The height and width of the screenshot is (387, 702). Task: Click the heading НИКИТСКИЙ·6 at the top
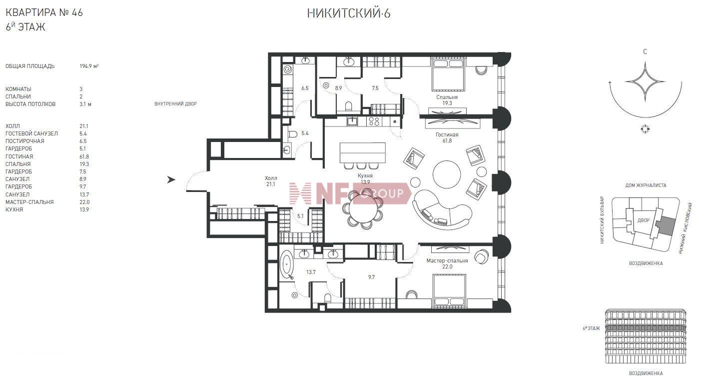pos(348,13)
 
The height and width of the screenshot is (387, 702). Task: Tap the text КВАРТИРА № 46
pos(44,12)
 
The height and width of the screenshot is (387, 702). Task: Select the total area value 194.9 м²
pos(89,66)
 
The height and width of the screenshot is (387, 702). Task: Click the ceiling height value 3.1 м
pos(85,104)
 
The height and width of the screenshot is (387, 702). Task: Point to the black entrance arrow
pos(171,179)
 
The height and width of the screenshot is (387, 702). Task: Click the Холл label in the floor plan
pos(271,178)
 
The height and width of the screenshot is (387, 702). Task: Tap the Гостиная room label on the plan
pos(447,135)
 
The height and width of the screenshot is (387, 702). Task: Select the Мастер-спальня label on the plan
pos(447,260)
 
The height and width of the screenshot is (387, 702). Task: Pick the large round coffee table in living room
pos(447,174)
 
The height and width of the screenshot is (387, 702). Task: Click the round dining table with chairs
pos(363,208)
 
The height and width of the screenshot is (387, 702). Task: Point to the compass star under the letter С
pos(645,81)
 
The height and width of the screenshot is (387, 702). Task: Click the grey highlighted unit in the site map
pos(665,226)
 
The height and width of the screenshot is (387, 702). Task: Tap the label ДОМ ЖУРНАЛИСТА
pos(646,185)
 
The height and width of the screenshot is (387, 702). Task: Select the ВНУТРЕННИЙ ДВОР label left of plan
pos(175,104)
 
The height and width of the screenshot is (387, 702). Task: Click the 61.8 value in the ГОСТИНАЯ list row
pos(84,156)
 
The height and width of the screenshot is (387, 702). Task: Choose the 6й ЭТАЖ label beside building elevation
pos(591,328)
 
